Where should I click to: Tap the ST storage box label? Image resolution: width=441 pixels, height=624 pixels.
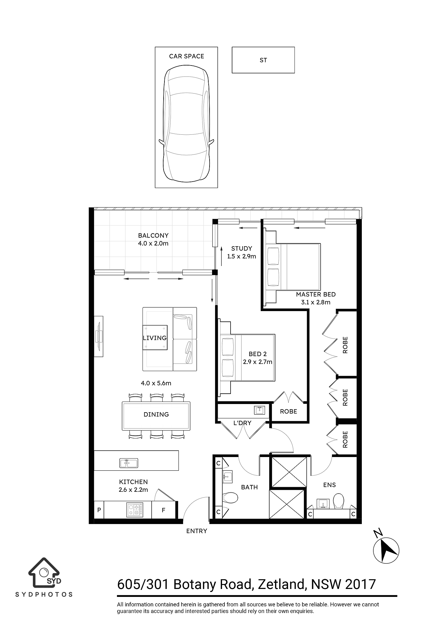pyautogui.click(x=263, y=60)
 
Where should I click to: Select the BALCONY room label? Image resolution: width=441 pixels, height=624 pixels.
pyautogui.click(x=153, y=236)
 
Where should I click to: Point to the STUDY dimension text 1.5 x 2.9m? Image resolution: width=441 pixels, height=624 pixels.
pyautogui.click(x=242, y=257)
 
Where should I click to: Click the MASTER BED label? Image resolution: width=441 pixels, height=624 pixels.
pyautogui.click(x=316, y=295)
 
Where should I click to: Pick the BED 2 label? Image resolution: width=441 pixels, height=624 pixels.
pyautogui.click(x=258, y=354)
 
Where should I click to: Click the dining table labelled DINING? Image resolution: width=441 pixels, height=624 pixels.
pyautogui.click(x=156, y=416)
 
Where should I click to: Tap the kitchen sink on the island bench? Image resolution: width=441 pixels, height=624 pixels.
pyautogui.click(x=129, y=463)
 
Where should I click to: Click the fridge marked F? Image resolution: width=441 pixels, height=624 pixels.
pyautogui.click(x=164, y=510)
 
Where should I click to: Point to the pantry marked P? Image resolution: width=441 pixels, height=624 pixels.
pyautogui.click(x=99, y=510)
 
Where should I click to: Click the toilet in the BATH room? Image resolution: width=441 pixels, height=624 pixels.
pyautogui.click(x=230, y=498)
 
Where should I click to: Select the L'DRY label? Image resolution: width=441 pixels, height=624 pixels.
pyautogui.click(x=242, y=423)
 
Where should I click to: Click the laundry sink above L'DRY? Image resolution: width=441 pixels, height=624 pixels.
pyautogui.click(x=259, y=410)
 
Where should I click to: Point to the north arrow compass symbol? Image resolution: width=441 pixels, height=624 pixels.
pyautogui.click(x=386, y=551)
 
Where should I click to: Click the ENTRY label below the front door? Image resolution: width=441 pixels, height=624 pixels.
pyautogui.click(x=197, y=531)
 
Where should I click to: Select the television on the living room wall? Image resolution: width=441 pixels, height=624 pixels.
pyautogui.click(x=99, y=336)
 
